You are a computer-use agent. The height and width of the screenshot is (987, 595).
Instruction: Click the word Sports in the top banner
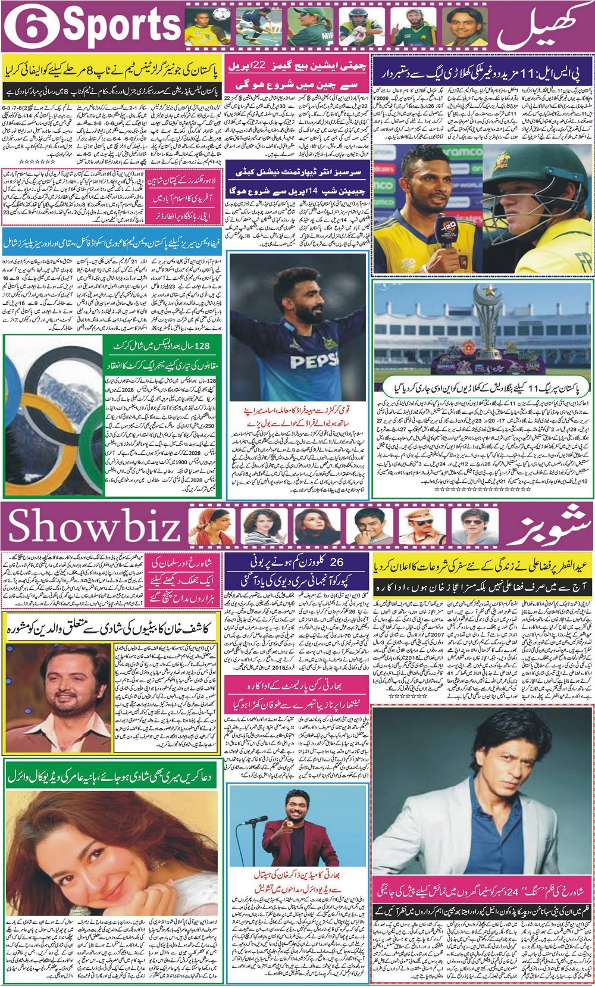tap(122, 27)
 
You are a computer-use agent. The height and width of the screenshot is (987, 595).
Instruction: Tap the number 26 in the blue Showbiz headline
tap(336, 561)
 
